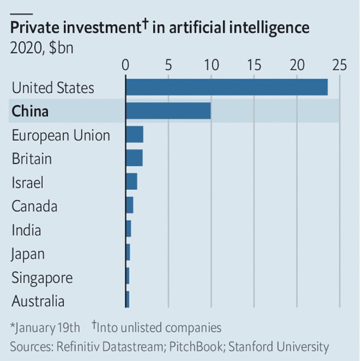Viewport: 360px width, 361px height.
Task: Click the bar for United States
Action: pos(226,87)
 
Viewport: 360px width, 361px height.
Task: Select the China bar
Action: pos(168,111)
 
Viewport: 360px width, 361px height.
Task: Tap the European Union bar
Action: pos(134,135)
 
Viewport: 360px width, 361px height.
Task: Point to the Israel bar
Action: pos(131,182)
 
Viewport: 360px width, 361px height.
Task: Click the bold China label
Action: pos(30,111)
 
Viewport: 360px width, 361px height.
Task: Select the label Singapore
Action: pos(42,278)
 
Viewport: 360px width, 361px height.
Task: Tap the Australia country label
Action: pos(38,301)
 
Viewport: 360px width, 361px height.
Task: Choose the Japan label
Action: pos(28,254)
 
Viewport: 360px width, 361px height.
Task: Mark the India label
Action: pos(26,230)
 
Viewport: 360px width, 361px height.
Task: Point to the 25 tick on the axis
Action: pos(339,65)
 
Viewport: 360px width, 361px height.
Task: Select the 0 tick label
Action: pos(126,65)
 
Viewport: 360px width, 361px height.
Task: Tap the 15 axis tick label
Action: pos(254,65)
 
